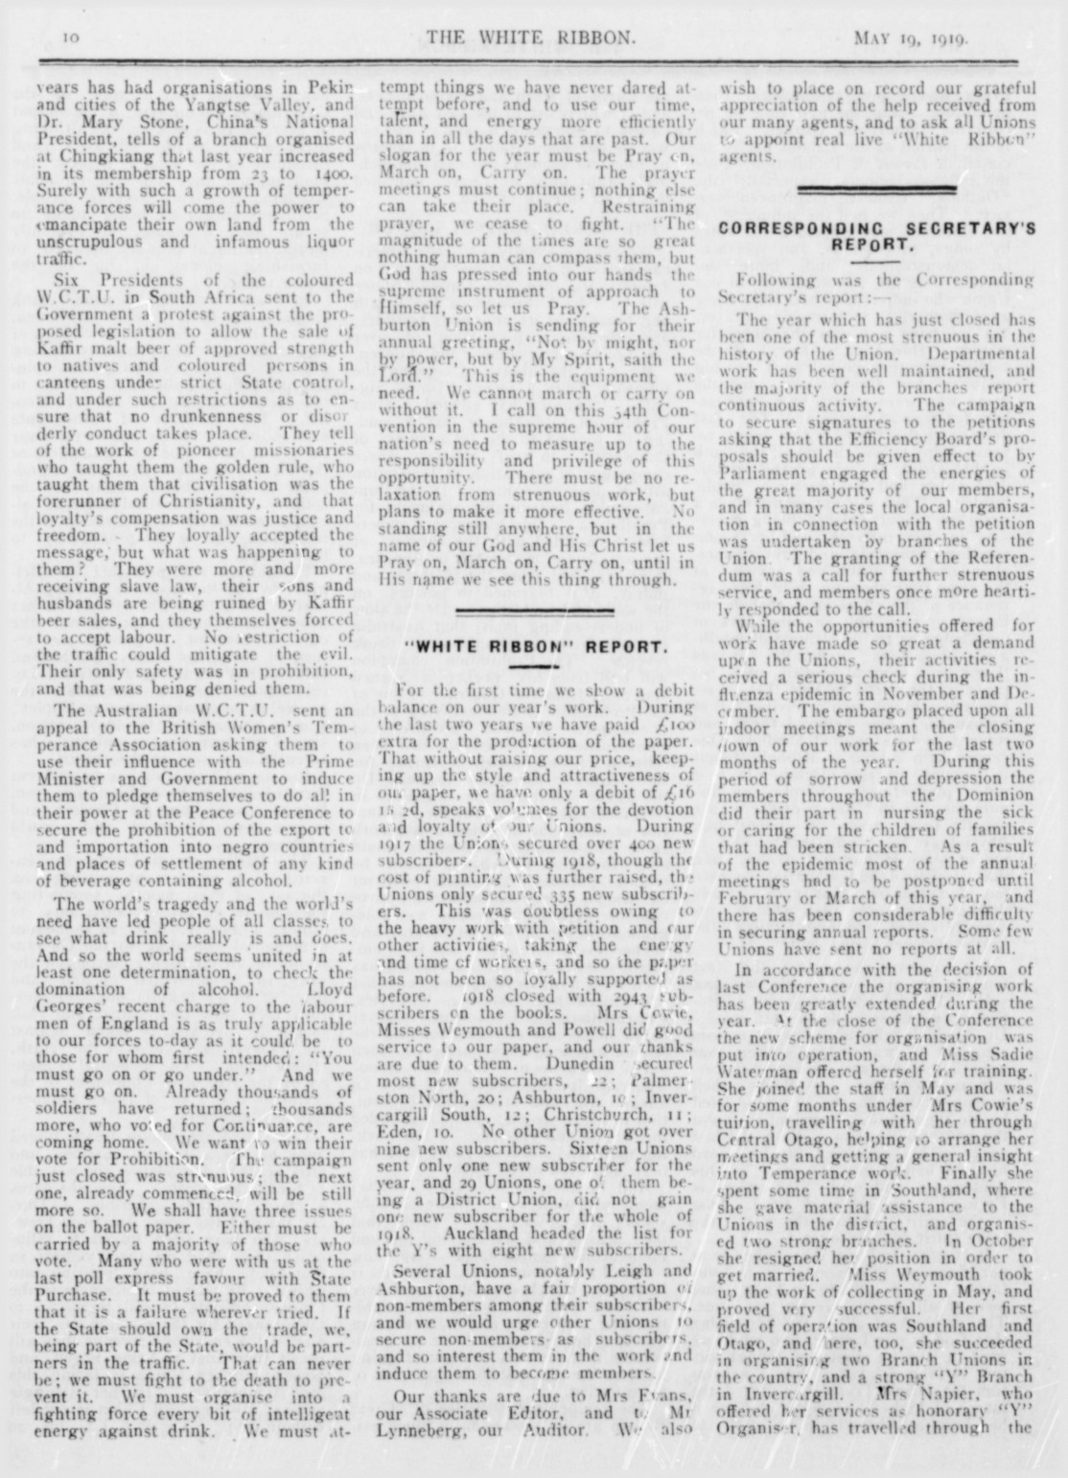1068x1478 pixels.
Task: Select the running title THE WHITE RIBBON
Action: tap(531, 37)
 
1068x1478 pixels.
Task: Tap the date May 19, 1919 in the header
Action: tap(910, 38)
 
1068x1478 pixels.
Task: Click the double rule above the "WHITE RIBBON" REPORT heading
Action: tap(536, 611)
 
